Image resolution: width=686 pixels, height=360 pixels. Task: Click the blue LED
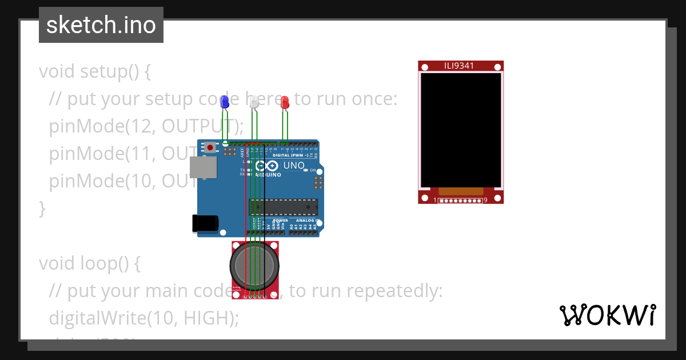coord(225,102)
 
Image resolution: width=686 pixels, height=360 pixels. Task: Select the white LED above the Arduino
coord(254,102)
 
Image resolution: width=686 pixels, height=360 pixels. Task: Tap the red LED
coord(285,102)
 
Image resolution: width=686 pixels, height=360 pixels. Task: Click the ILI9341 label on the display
coord(460,66)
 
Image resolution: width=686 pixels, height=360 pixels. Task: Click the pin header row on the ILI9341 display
coord(460,201)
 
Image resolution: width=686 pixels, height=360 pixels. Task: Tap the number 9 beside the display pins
coord(485,201)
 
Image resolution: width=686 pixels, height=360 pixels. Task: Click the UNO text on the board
coord(294,166)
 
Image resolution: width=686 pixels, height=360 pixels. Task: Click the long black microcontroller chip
coord(284,207)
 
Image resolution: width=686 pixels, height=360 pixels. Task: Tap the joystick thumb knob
coord(255,265)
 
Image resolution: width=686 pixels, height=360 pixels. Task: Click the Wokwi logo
coord(607,315)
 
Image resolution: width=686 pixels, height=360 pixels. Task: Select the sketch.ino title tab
coord(101,25)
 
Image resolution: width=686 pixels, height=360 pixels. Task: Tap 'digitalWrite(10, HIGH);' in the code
coord(143,318)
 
